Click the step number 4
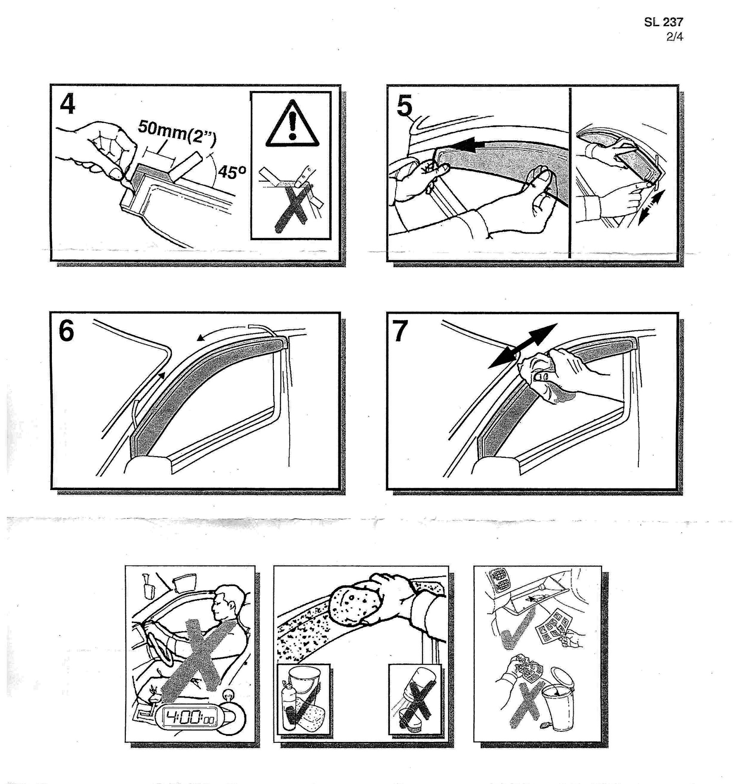point(68,105)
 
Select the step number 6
point(67,331)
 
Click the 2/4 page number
point(675,37)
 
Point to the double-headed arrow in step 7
point(523,345)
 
